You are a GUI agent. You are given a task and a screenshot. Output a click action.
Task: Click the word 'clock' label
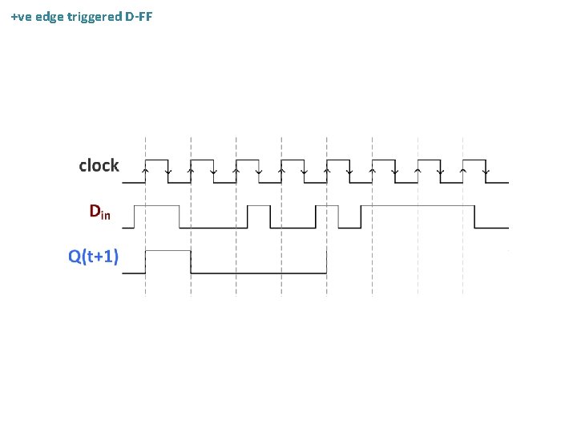[99, 166]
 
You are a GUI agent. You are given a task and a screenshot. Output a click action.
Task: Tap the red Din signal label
[99, 212]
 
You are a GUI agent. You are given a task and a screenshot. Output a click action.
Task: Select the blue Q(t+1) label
[94, 257]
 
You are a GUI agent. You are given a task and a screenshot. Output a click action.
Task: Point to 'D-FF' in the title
[139, 15]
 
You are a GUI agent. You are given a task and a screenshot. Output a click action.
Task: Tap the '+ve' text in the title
[22, 15]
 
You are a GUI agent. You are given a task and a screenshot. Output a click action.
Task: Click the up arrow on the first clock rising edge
[145, 170]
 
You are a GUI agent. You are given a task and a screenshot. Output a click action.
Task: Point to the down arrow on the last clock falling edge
[486, 171]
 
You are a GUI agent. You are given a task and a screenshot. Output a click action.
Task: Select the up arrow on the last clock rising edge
[464, 170]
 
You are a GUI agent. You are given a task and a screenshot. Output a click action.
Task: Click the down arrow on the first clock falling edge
[167, 171]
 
